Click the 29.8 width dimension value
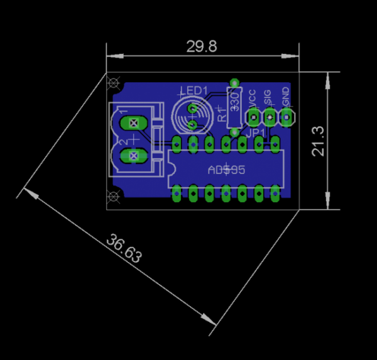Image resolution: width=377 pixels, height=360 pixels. tap(202, 46)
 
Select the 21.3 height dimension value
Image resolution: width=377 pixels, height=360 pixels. tap(318, 141)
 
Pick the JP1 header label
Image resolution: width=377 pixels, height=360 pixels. tap(256, 133)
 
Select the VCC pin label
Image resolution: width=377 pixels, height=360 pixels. tap(252, 99)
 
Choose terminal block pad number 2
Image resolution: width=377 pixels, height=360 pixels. tap(133, 155)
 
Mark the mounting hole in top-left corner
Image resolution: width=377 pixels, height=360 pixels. tap(114, 82)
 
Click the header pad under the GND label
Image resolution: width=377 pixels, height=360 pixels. tap(287, 116)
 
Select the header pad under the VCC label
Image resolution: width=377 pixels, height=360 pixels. tap(254, 116)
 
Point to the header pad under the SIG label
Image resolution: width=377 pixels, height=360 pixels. tap(270, 116)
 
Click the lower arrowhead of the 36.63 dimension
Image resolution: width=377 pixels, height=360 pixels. tap(210, 321)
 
